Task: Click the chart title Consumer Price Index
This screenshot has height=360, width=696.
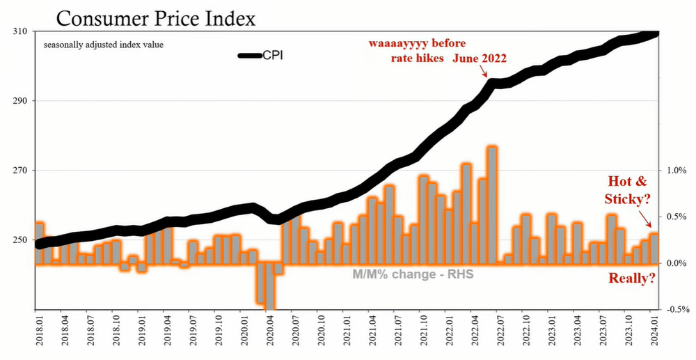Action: point(150,17)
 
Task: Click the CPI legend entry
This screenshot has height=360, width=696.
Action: point(258,56)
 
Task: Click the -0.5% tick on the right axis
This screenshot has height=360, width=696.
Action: point(677,310)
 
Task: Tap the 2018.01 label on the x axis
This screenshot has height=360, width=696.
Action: point(40,334)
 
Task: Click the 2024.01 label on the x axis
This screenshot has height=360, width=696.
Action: point(654,334)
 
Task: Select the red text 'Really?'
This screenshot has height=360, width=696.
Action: point(632,279)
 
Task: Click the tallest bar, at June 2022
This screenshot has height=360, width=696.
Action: point(492,205)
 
